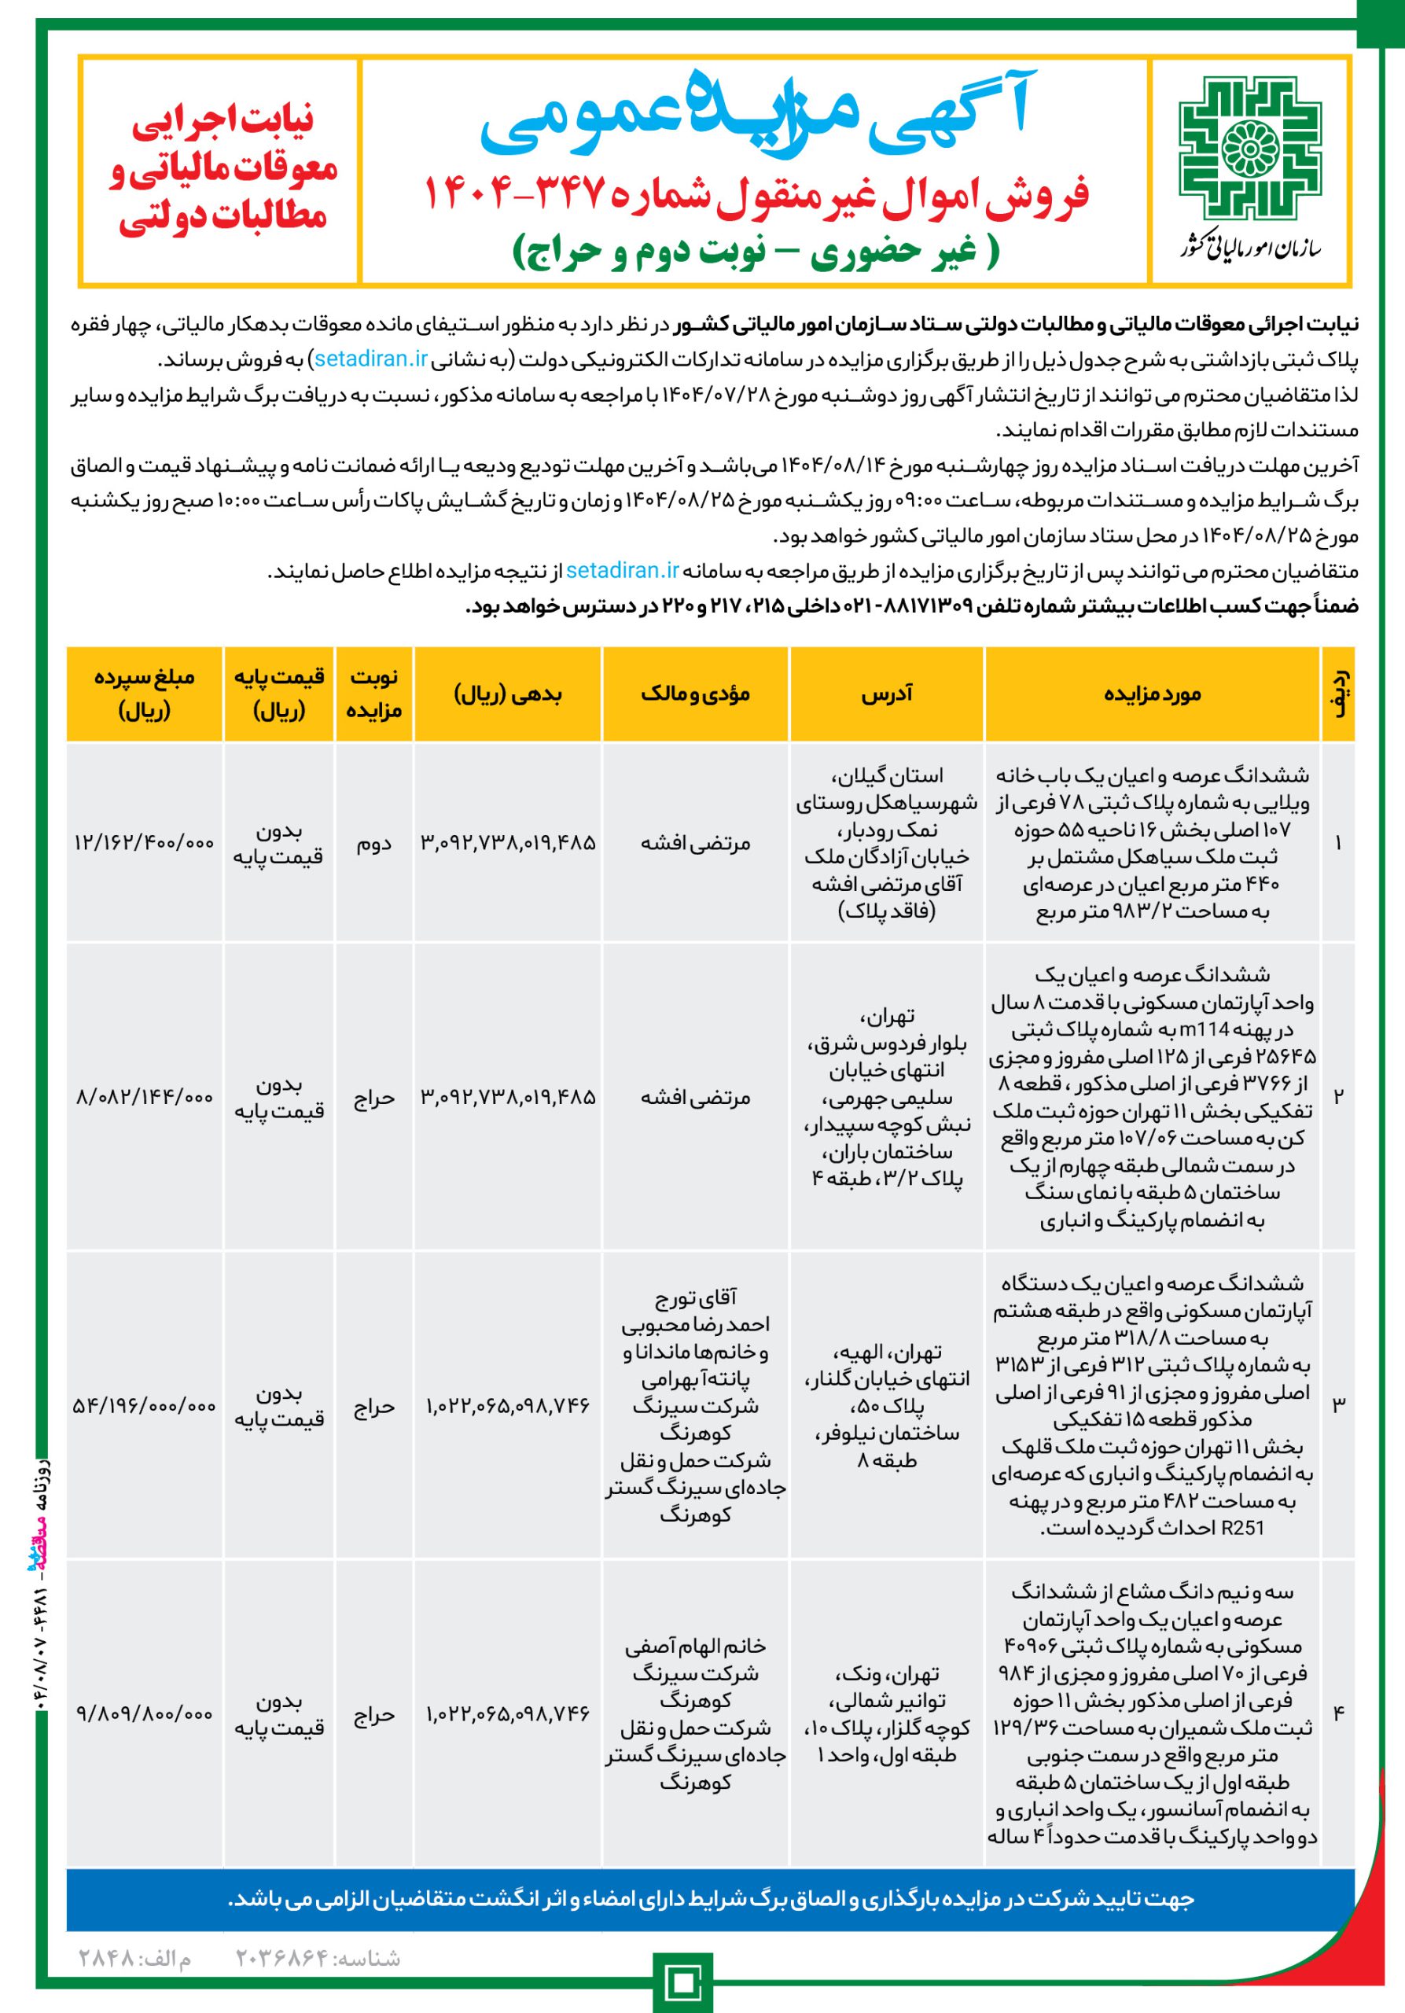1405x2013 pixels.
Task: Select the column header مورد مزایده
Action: [x=1152, y=694]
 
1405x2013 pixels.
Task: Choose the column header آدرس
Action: [x=886, y=694]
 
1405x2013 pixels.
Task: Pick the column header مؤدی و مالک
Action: [x=695, y=694]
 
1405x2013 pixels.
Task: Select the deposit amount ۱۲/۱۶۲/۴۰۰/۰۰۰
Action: [x=145, y=844]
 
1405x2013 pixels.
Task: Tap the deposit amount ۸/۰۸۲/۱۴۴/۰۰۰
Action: [x=145, y=1098]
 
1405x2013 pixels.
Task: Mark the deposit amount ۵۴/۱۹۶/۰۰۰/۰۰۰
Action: [x=145, y=1406]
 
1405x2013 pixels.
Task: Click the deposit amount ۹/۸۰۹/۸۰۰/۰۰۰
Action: [x=145, y=1714]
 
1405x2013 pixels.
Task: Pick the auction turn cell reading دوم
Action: [x=374, y=844]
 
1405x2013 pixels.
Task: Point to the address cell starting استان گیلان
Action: [x=886, y=844]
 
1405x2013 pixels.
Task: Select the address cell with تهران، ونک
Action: [x=886, y=1714]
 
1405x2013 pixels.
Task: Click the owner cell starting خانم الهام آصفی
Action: [x=695, y=1714]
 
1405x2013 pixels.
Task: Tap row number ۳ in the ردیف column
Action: [x=1338, y=1405]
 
